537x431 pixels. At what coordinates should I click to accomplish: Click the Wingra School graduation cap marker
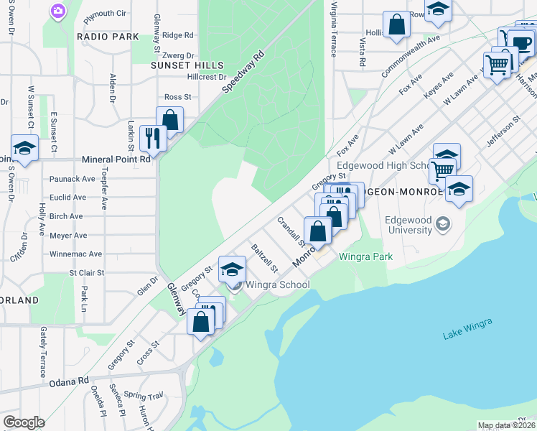(232, 270)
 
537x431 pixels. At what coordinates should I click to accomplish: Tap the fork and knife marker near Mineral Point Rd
(154, 136)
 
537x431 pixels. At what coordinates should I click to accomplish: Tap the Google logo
(24, 422)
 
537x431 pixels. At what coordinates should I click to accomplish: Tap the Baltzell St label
(264, 259)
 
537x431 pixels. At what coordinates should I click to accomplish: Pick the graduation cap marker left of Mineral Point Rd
(25, 149)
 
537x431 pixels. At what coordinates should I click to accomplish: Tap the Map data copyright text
(506, 425)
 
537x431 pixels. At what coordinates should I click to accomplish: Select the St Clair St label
(86, 273)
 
